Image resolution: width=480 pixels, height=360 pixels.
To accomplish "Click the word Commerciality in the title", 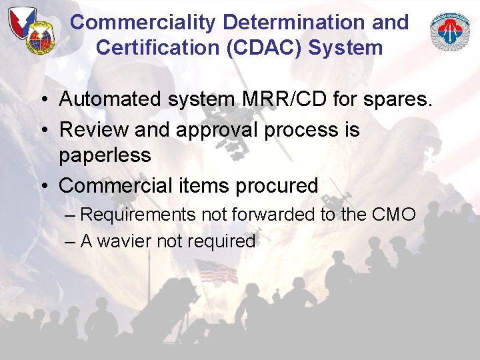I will [x=144, y=22].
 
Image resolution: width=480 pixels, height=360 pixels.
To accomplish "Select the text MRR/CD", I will [x=264, y=99].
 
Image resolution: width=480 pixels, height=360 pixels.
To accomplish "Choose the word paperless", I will [x=105, y=156].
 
